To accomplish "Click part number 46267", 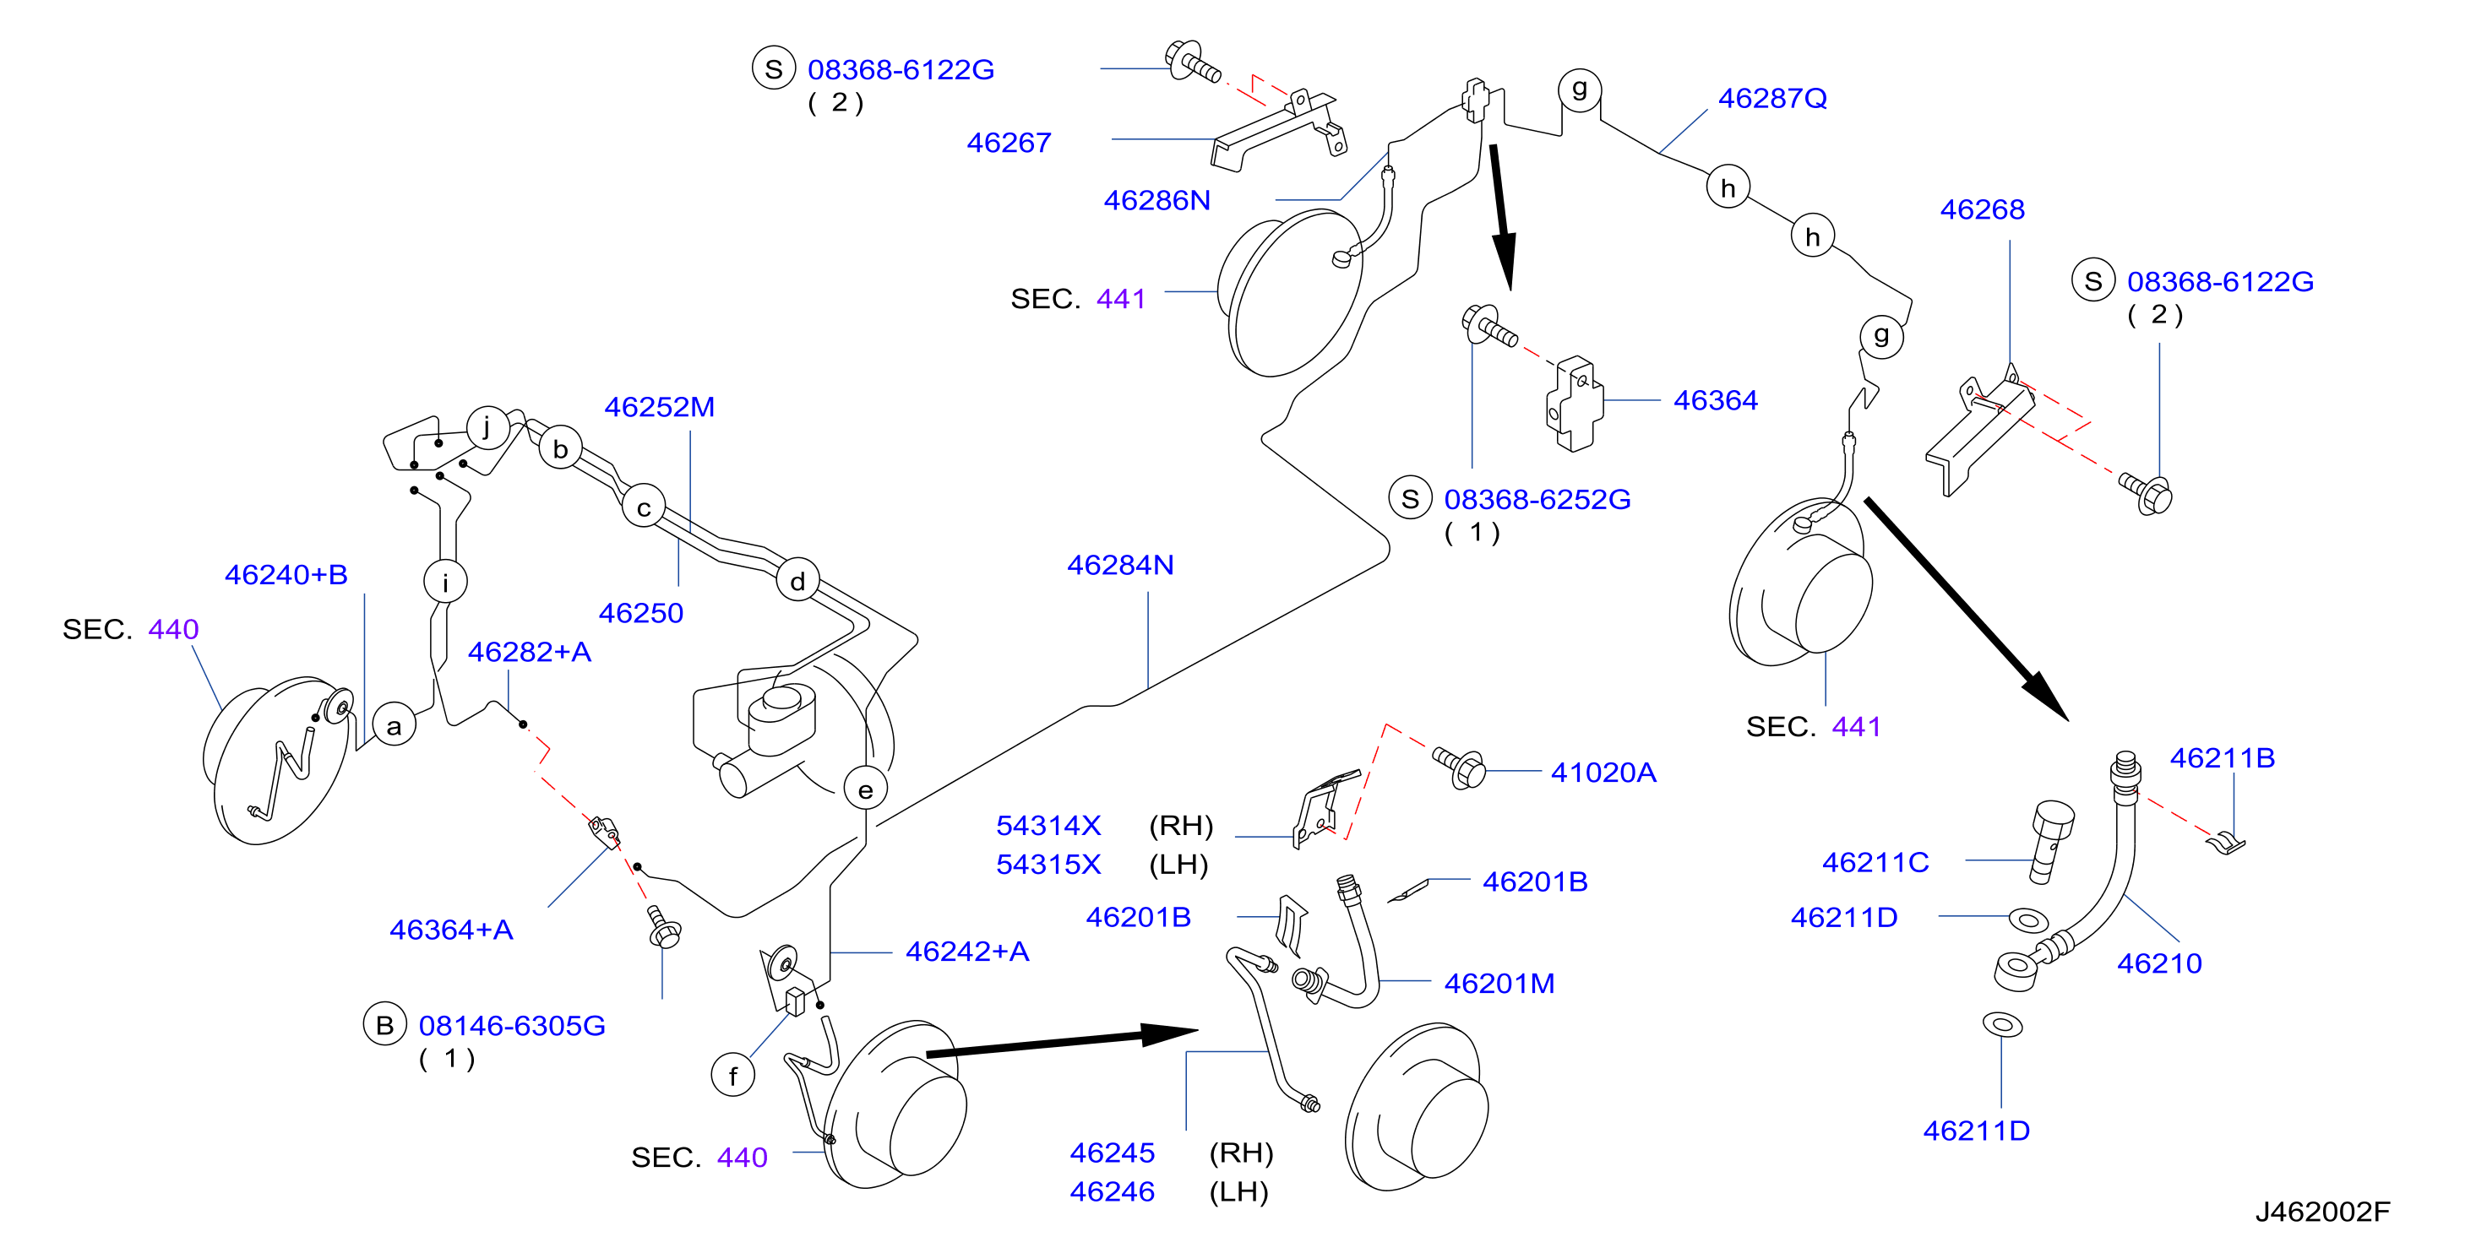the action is point(1009,143).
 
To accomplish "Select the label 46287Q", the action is point(1772,99).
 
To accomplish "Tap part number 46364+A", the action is point(451,930).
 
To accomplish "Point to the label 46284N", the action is point(1120,565).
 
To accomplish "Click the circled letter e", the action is point(865,789).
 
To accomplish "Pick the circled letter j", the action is point(487,426).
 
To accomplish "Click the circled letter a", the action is point(394,725).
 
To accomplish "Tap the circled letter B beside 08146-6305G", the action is point(384,1025).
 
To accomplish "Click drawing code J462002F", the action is point(2323,1212).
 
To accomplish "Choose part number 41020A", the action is point(1603,773).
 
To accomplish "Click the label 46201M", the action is point(1499,984).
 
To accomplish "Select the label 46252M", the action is point(660,407).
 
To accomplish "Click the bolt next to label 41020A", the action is point(1460,768).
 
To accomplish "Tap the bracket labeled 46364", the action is point(1574,404).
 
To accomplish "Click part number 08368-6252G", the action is point(1537,499).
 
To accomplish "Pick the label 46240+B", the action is point(286,574).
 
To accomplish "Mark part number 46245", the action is point(1113,1153).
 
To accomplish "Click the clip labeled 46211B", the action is point(2226,843).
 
